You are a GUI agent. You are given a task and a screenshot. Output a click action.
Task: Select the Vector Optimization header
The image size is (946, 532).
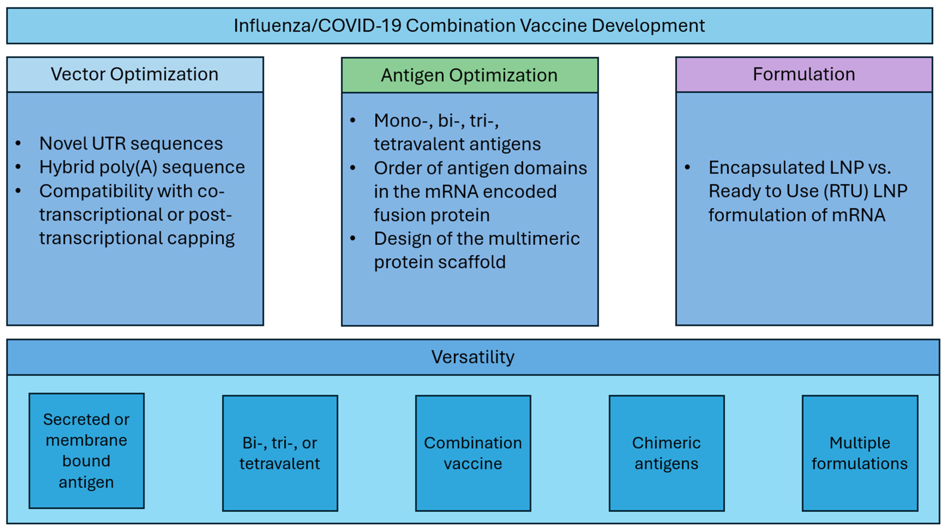(x=135, y=74)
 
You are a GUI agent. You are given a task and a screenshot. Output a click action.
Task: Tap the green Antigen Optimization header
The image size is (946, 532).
(x=469, y=75)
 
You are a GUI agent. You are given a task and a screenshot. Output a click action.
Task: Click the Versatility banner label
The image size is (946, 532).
(x=473, y=357)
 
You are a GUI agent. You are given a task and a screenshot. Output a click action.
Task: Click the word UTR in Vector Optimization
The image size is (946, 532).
(x=109, y=143)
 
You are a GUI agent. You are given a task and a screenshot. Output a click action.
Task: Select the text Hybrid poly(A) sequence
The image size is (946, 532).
(x=142, y=167)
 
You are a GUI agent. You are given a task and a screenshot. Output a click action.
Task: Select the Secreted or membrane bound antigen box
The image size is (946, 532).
(x=86, y=451)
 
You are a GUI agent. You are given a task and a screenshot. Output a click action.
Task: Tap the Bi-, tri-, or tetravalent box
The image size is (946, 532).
(x=280, y=453)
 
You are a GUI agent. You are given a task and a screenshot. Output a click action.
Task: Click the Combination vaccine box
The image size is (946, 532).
(x=473, y=453)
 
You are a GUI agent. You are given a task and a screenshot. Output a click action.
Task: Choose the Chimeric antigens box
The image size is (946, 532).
(x=666, y=453)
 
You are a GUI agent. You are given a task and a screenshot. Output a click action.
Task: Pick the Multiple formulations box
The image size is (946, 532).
(x=860, y=453)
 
